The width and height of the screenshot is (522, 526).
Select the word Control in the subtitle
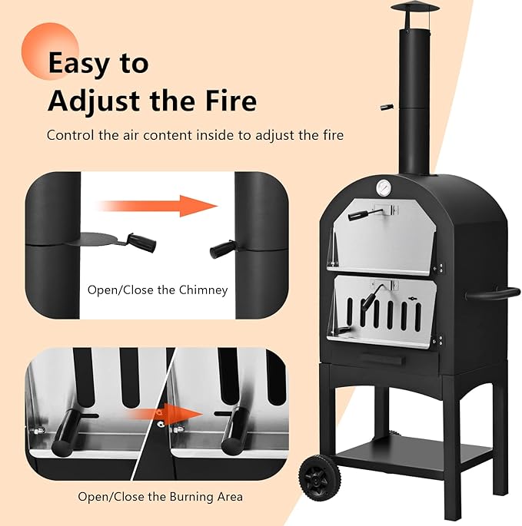click(72, 135)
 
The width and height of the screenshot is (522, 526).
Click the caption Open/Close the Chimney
click(157, 289)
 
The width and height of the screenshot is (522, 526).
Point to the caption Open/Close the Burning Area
click(156, 496)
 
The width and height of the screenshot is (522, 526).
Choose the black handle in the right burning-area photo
click(233, 428)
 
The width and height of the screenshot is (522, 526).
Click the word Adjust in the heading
click(100, 100)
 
